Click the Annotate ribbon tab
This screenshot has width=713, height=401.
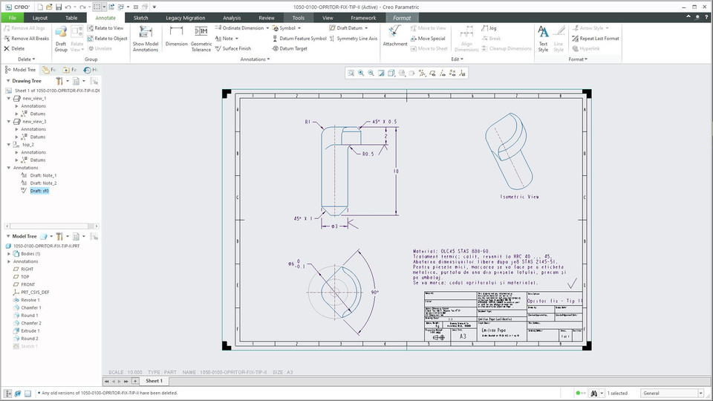105,17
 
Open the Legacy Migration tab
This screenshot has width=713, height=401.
185,17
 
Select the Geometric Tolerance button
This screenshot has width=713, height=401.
201,38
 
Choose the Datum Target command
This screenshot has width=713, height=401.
293,48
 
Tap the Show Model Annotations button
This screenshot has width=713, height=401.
146,38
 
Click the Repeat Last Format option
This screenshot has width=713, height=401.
599,38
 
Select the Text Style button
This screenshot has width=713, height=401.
543,38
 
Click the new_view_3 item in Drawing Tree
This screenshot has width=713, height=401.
34,121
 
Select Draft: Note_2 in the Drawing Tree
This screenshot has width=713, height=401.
43,183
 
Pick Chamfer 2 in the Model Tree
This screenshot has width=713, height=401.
31,323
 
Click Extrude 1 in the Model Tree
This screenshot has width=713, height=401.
30,331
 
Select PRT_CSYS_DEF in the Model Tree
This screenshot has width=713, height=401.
36,292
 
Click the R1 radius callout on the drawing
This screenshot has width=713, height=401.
308,122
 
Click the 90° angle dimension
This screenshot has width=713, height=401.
375,293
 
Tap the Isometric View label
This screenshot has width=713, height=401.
521,197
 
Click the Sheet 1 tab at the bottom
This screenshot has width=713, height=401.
154,381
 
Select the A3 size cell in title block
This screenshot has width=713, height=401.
463,336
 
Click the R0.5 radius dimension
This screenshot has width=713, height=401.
368,154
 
